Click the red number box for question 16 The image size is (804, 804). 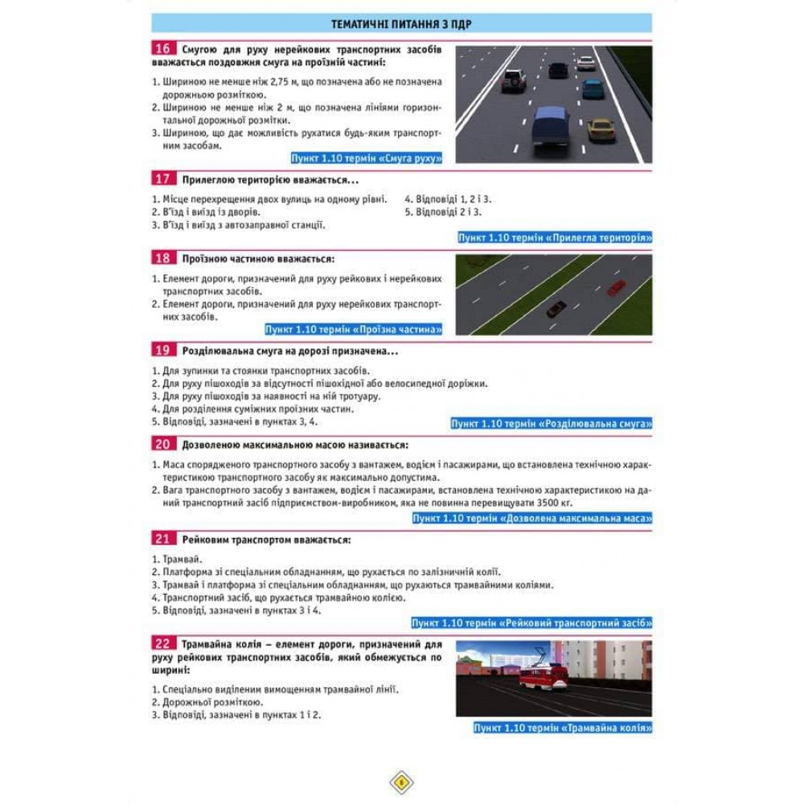[x=162, y=50]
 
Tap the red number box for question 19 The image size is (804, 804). [x=162, y=351]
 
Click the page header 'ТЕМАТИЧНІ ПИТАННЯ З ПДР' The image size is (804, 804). [x=401, y=23]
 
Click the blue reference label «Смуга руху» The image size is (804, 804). [x=367, y=158]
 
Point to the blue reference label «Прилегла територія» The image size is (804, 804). [x=555, y=238]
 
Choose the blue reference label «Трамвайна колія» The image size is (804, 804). [x=563, y=728]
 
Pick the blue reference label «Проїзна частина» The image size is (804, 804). [x=355, y=329]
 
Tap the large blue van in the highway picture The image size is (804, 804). [x=552, y=127]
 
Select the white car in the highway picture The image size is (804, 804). [x=587, y=63]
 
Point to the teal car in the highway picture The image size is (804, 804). [x=593, y=88]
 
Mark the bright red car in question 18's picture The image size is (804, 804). [x=617, y=287]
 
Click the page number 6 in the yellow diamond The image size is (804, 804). [x=401, y=781]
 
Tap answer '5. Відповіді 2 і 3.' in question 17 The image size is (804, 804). [x=442, y=212]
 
